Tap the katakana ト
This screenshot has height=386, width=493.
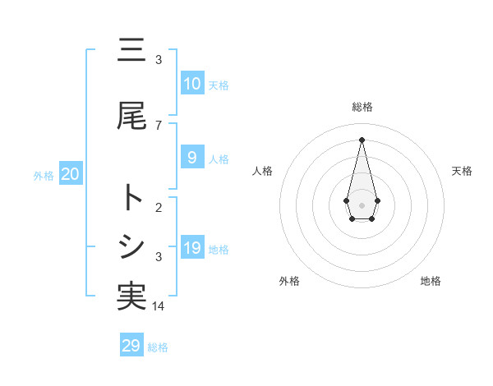coord(131,198)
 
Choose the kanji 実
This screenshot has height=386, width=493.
coord(131,296)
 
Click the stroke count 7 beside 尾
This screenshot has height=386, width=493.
coord(159,125)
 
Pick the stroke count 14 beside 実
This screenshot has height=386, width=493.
coord(159,306)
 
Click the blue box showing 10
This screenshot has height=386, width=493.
coord(191,83)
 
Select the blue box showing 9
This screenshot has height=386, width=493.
coord(191,157)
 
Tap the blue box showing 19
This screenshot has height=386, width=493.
coord(191,247)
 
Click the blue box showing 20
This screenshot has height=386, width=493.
coord(70,173)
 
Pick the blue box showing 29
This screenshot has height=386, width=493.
coord(131,346)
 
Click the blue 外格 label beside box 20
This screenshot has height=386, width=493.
coord(44,175)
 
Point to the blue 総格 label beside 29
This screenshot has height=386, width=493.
coord(158,347)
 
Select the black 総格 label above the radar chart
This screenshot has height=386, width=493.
coord(362,107)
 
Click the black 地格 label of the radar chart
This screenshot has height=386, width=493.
coord(431,281)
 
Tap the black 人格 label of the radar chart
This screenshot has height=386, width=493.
coord(263,171)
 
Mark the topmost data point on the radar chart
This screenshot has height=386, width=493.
coord(362,139)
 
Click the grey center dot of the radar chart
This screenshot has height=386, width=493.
coord(362,204)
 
